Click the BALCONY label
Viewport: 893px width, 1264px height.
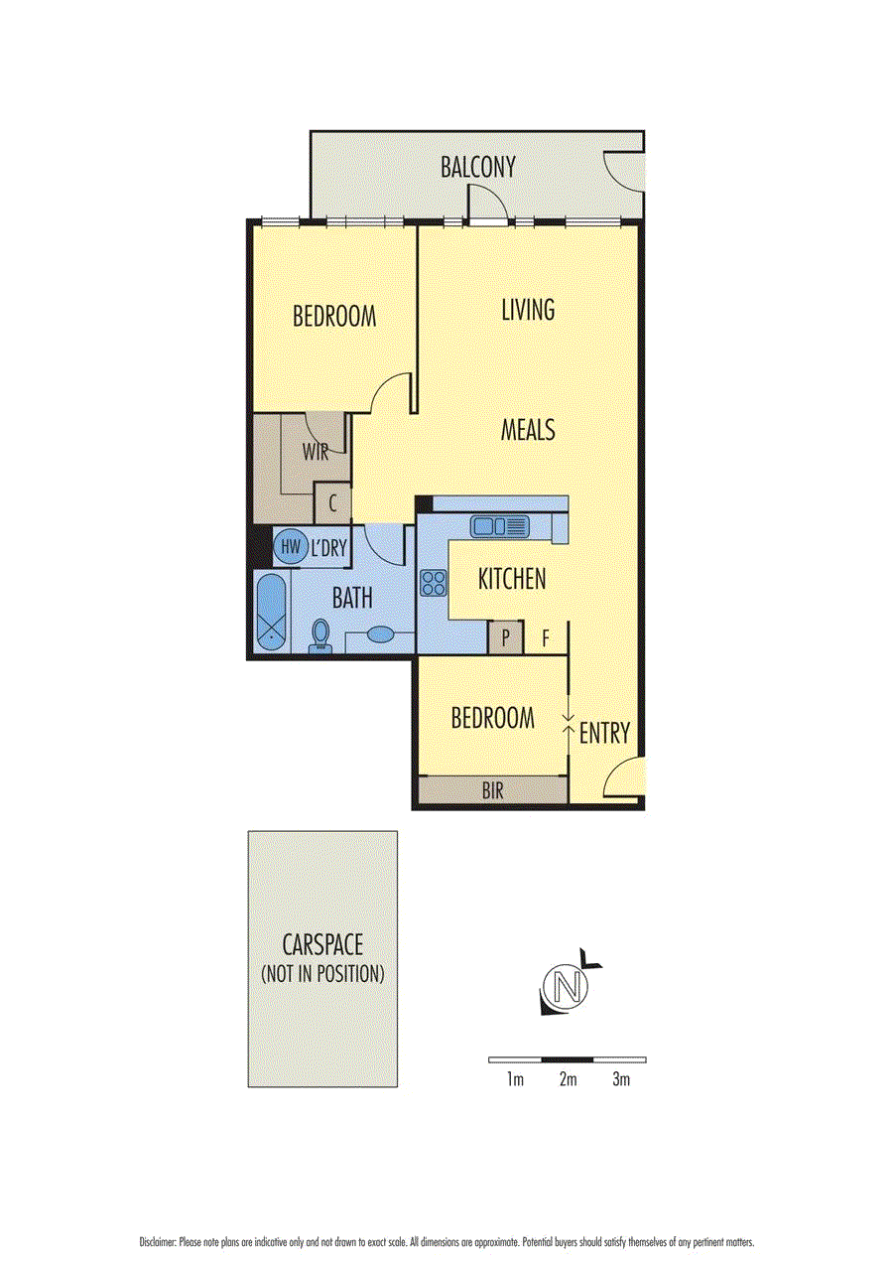(x=478, y=167)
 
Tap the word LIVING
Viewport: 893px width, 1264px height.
(x=527, y=310)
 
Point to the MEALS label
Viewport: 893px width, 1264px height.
(x=527, y=431)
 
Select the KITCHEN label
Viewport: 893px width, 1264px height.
(x=512, y=579)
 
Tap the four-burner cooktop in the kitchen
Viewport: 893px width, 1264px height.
(x=433, y=583)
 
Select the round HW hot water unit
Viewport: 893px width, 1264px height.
(x=291, y=545)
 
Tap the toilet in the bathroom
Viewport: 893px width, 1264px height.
(x=320, y=636)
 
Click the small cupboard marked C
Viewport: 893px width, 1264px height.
(x=331, y=502)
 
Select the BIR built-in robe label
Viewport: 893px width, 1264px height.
(x=493, y=790)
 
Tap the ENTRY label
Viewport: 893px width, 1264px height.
(x=604, y=734)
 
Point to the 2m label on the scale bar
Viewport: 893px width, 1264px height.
(x=568, y=1079)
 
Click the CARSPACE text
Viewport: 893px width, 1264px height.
(x=322, y=944)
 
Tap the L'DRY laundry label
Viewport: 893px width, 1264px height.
(x=327, y=546)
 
